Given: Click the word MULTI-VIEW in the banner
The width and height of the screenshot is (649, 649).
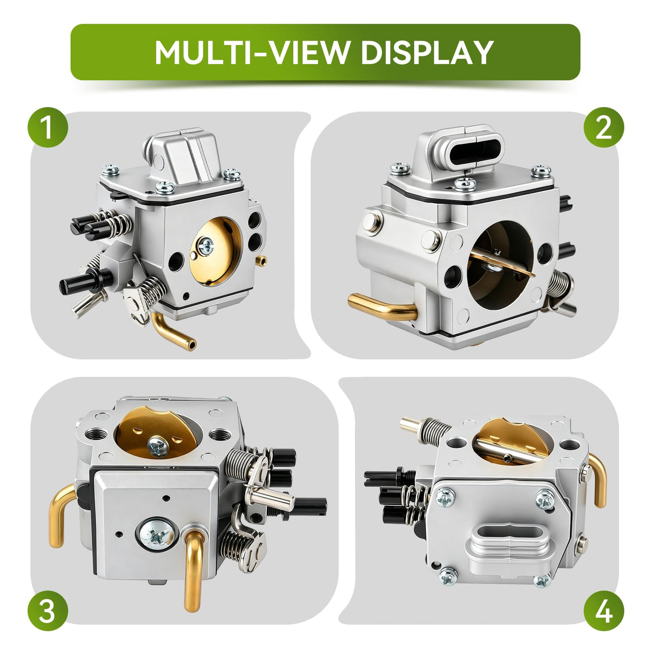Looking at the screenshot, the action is point(251,52).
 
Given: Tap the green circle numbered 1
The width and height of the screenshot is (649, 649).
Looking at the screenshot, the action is point(48,127).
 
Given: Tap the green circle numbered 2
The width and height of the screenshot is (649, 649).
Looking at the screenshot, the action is point(604,127).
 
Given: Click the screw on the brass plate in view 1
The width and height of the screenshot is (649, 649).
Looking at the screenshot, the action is point(206,246).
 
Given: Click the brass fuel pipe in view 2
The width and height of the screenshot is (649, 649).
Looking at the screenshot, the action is point(382,307).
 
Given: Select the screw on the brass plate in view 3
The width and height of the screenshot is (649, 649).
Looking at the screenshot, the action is point(158,447).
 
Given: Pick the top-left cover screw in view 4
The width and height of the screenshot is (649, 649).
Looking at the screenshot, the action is point(445,498).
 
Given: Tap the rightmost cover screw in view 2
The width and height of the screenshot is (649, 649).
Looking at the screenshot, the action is point(541,171).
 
